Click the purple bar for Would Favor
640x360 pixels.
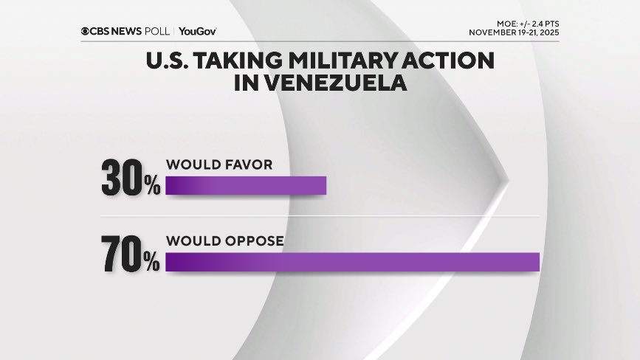pos(246,185)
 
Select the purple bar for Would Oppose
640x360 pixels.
pos(353,262)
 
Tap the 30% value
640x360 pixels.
pos(131,179)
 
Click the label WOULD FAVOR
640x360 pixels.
pos(219,164)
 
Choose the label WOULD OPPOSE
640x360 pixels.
pos(225,241)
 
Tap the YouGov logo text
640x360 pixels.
pos(198,31)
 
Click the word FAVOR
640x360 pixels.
pos(247,164)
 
